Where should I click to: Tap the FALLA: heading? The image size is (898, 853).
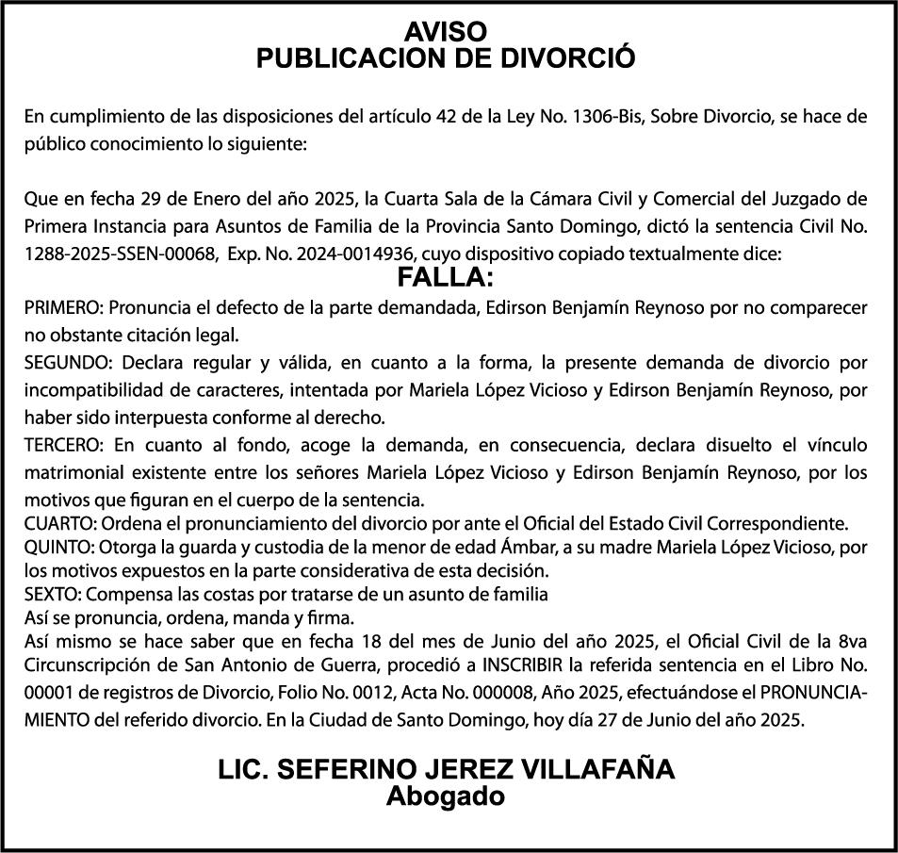(x=446, y=278)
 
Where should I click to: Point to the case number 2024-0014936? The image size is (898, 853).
(x=355, y=254)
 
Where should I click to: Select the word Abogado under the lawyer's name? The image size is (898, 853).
(x=447, y=796)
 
